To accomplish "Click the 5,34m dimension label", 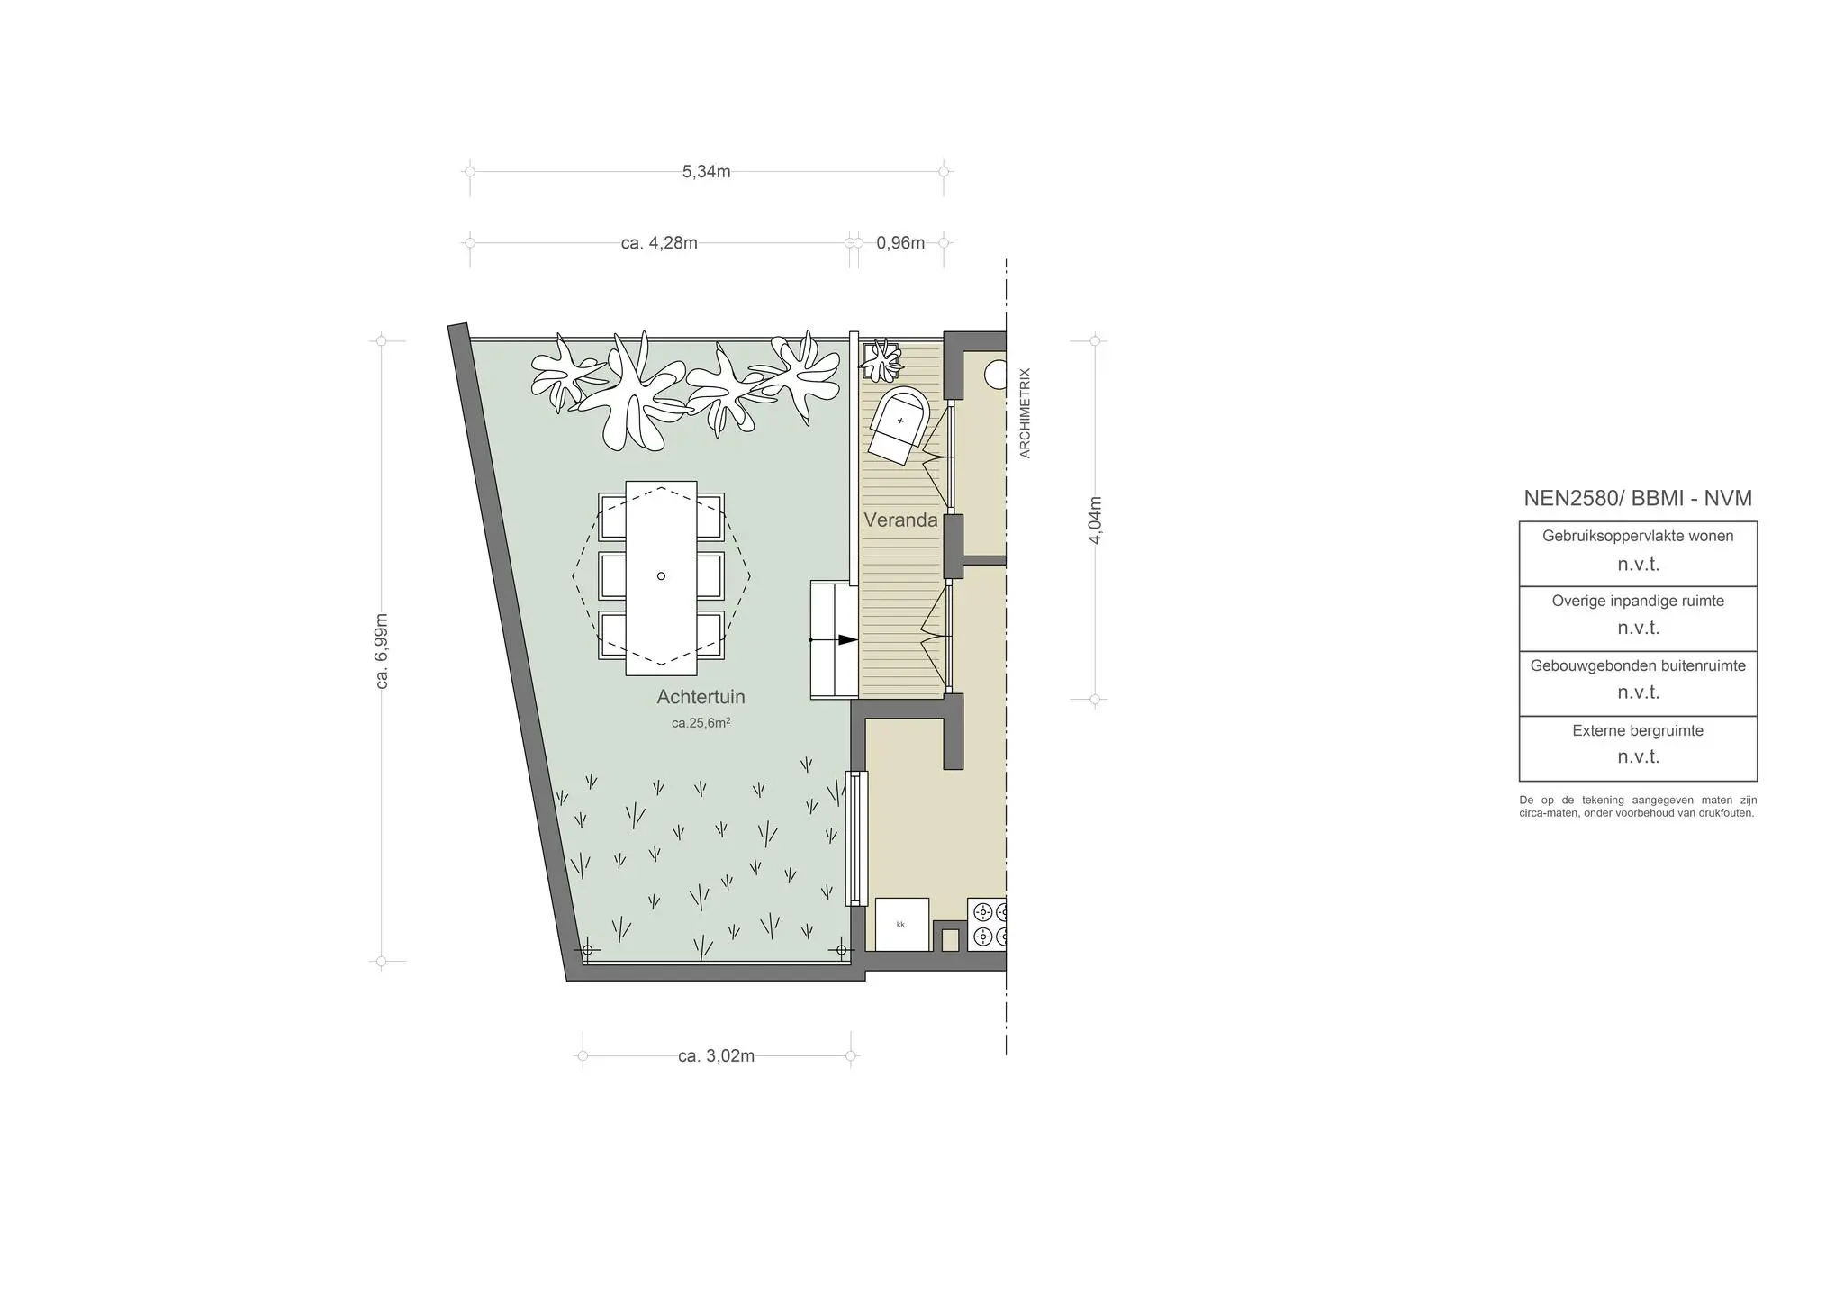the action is click(706, 171).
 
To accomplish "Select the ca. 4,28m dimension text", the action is click(659, 243).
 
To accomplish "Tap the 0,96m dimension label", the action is click(900, 243).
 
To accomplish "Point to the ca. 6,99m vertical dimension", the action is click(383, 651).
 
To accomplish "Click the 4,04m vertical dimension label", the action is click(1096, 520).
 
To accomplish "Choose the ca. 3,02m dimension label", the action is click(716, 1056).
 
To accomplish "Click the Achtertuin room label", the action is click(701, 697).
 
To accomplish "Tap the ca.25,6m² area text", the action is click(701, 722).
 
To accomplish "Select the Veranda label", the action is click(900, 520).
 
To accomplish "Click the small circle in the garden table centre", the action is click(661, 576).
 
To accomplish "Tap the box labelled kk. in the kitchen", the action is click(902, 925).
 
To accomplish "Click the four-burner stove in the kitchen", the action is click(987, 925).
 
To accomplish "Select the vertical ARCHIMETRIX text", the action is click(1025, 413).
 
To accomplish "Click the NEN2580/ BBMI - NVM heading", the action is click(1638, 499).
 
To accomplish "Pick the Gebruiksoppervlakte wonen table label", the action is click(1638, 536).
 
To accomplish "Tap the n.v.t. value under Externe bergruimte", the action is click(1638, 757).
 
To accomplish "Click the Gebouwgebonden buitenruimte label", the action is click(1638, 666).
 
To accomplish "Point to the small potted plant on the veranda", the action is click(881, 360).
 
